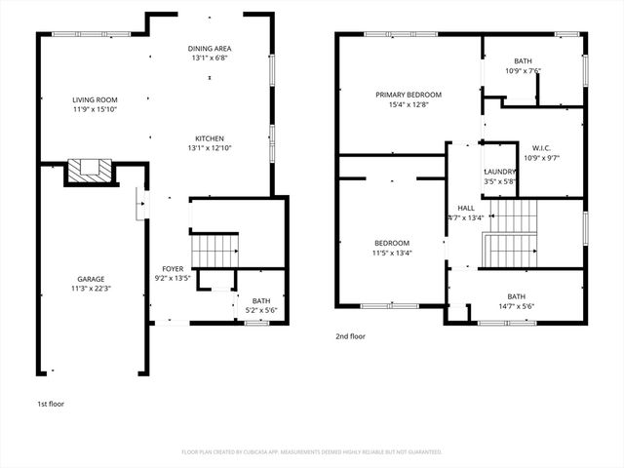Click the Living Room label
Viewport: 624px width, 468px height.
click(95, 99)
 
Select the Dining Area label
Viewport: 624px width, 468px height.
click(210, 48)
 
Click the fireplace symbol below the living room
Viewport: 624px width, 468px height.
click(91, 172)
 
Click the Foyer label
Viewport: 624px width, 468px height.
click(173, 268)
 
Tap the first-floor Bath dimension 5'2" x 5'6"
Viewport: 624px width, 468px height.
click(260, 310)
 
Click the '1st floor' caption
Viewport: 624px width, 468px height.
click(50, 403)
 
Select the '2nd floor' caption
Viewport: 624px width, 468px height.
click(350, 336)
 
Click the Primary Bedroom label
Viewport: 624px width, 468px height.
click(409, 95)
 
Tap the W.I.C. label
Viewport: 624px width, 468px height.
click(543, 148)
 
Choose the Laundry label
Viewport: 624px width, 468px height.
click(501, 172)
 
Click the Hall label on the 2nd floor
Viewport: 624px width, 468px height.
click(466, 208)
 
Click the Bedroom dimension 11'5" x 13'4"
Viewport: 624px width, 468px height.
click(392, 253)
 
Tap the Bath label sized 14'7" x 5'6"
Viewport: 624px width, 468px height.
click(515, 296)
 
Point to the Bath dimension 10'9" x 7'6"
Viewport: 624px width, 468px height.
click(523, 70)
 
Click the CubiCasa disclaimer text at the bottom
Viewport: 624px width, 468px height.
click(312, 452)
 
